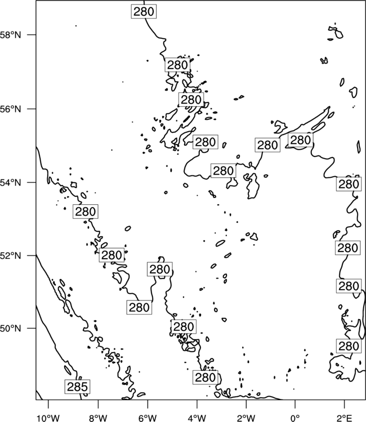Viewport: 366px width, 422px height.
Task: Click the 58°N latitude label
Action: pos(11,35)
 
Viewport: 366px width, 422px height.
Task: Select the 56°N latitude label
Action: pos(11,109)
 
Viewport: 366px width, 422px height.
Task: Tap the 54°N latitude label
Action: pos(11,182)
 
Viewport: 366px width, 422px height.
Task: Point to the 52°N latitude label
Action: pos(11,255)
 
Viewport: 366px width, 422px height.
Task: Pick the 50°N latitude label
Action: pos(11,329)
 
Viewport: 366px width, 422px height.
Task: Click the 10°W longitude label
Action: pos(48,418)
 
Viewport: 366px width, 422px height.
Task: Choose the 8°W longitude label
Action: pos(98,418)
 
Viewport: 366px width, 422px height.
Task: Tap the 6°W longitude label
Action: pos(148,418)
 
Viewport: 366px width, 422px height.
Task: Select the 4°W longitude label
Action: pos(197,418)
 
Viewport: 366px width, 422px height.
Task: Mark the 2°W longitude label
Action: pos(246,418)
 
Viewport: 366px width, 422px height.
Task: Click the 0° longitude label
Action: pos(296,418)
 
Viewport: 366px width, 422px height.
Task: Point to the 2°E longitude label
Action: pos(345,418)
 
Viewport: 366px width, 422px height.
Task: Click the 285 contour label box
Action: pos(77,387)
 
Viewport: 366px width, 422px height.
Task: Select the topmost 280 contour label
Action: pos(144,11)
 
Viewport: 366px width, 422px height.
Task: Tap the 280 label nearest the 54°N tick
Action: pos(86,212)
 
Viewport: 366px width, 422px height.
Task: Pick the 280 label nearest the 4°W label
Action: pos(205,378)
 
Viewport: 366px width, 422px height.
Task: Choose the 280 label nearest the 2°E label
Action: pos(349,346)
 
